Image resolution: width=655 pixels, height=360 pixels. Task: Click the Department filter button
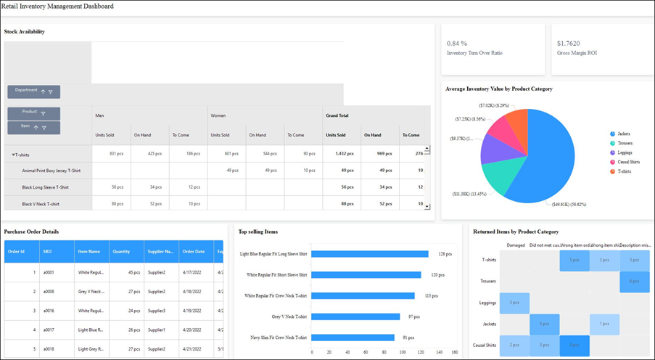[x=33, y=91]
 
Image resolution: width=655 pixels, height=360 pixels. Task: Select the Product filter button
[x=33, y=113]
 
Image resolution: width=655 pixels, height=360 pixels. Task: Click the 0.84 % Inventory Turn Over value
[x=457, y=44]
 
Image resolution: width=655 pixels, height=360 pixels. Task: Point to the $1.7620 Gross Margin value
[x=568, y=44]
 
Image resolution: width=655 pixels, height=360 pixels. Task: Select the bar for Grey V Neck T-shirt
[x=355, y=316]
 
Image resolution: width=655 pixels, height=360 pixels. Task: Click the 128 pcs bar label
[x=445, y=254]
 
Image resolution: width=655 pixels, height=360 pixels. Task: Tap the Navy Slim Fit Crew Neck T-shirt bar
[x=353, y=337]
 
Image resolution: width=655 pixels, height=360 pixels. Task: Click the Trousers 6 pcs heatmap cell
[x=634, y=281]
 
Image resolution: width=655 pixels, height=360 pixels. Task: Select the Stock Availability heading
[x=25, y=31]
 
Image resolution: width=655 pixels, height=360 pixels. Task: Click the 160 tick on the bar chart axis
[x=455, y=352]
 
